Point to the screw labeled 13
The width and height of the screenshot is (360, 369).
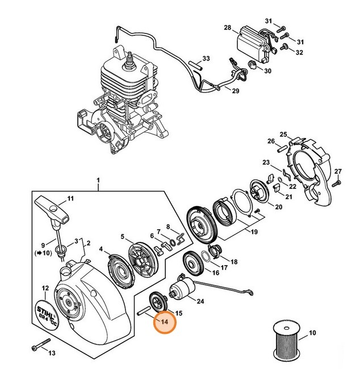pos(40,345)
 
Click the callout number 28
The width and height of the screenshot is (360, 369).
pos(227,27)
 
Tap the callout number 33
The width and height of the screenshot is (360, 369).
pos(206,58)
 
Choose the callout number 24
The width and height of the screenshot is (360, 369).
pos(200,302)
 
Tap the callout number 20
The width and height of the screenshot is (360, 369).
pos(278,208)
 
